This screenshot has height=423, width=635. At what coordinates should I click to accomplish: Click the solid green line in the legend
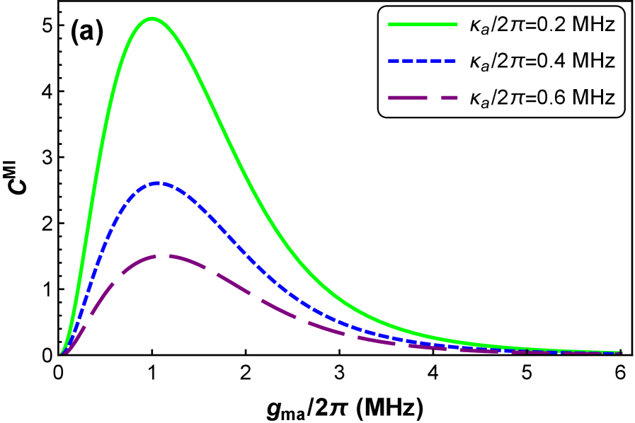click(423, 24)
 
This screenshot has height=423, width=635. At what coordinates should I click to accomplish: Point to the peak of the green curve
click(151, 18)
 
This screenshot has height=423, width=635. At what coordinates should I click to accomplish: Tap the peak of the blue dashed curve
click(160, 183)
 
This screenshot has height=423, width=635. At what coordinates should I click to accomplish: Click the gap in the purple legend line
click(435, 98)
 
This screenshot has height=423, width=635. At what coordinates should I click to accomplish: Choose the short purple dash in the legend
click(450, 98)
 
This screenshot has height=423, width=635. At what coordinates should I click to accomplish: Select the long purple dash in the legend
click(408, 98)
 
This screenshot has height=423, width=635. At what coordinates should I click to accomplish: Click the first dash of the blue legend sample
click(394, 62)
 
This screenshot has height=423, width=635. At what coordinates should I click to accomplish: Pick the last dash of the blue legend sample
click(450, 62)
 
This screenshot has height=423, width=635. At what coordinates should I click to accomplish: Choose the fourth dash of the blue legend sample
click(436, 62)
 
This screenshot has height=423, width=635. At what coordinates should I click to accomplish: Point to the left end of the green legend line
click(389, 24)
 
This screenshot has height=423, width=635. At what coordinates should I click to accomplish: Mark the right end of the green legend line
click(457, 24)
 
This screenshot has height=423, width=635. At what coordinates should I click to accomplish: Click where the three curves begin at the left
click(61, 352)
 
